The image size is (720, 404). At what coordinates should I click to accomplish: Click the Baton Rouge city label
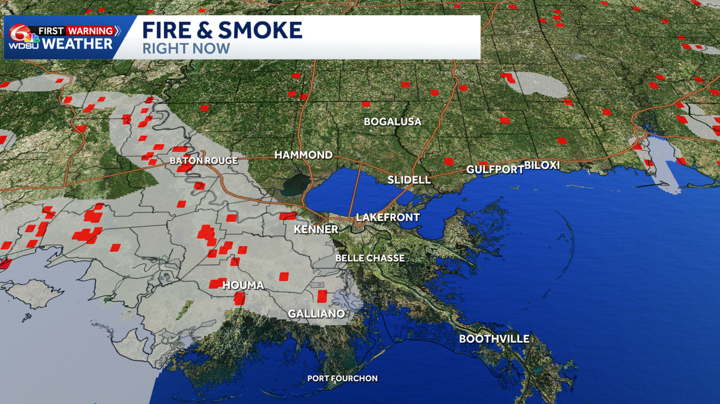pos(203,160)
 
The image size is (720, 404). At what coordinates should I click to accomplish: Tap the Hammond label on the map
pos(304,155)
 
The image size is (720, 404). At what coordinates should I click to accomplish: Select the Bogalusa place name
pos(392,121)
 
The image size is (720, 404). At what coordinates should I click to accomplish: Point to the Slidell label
pos(409,179)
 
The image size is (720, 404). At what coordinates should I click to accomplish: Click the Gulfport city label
pos(495,169)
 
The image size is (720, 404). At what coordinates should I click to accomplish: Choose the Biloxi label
pos(542,165)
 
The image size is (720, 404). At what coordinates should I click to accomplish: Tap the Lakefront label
pos(387,217)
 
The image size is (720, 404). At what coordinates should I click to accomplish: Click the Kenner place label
pos(316,229)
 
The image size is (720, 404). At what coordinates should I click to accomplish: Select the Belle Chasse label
pos(370,258)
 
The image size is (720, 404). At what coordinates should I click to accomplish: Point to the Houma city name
pos(243,285)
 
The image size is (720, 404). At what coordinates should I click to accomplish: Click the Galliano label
pos(316,313)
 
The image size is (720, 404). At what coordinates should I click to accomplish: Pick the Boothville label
pos(494,339)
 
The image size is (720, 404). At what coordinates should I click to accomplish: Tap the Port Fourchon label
pos(343,378)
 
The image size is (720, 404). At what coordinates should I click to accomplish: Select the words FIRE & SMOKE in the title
pos(222,30)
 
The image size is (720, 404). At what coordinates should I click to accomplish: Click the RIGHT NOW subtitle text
pos(186,49)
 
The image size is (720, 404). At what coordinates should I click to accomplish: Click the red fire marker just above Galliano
pos(322,295)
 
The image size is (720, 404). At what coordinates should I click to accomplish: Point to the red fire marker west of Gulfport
pos(448,161)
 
